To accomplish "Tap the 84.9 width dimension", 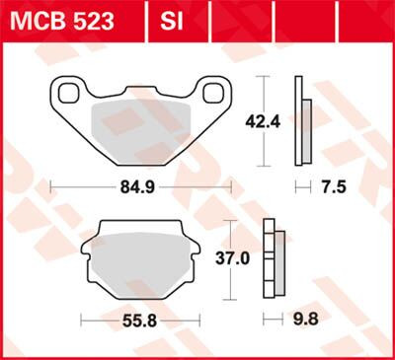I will tap(140, 184).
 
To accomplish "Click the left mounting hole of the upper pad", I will tap(70, 93).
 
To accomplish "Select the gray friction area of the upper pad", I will tap(140, 125).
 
